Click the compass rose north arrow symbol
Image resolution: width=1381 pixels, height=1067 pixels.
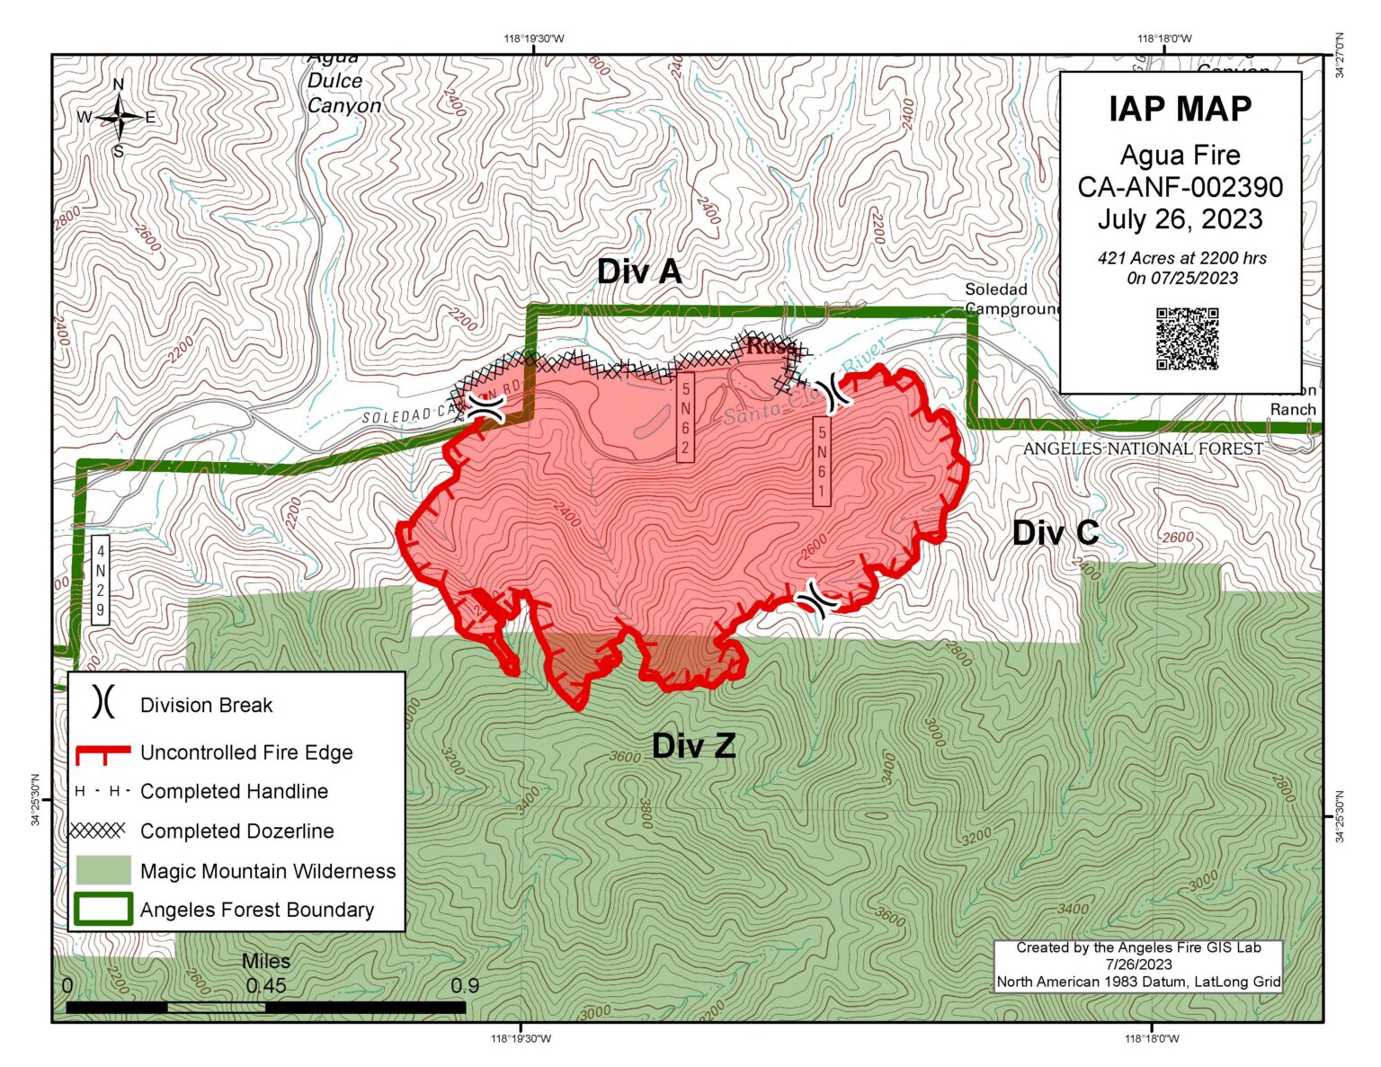tap(119, 117)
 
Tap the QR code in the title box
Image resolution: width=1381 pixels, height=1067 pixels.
tap(1187, 339)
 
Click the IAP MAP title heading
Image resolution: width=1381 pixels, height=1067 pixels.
tap(1180, 109)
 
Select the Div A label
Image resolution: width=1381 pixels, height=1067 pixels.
tap(639, 271)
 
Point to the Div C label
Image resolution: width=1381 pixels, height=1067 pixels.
tap(1056, 533)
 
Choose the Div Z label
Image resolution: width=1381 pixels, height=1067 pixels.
tap(693, 745)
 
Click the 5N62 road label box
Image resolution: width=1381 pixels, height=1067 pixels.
tap(685, 418)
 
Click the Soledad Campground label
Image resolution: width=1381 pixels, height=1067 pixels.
tap(1011, 299)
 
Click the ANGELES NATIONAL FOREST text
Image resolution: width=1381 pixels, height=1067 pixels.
tap(1143, 449)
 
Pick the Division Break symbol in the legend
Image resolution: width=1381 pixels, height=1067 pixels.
tap(103, 702)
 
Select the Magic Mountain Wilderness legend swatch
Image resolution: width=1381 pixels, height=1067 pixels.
tap(102, 870)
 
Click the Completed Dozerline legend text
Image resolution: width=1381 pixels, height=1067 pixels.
tap(236, 831)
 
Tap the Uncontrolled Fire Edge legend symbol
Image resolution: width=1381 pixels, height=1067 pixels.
tap(102, 753)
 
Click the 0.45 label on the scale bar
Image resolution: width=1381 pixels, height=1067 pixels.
tap(266, 985)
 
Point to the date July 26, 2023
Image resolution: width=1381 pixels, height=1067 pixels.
tap(1180, 219)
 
